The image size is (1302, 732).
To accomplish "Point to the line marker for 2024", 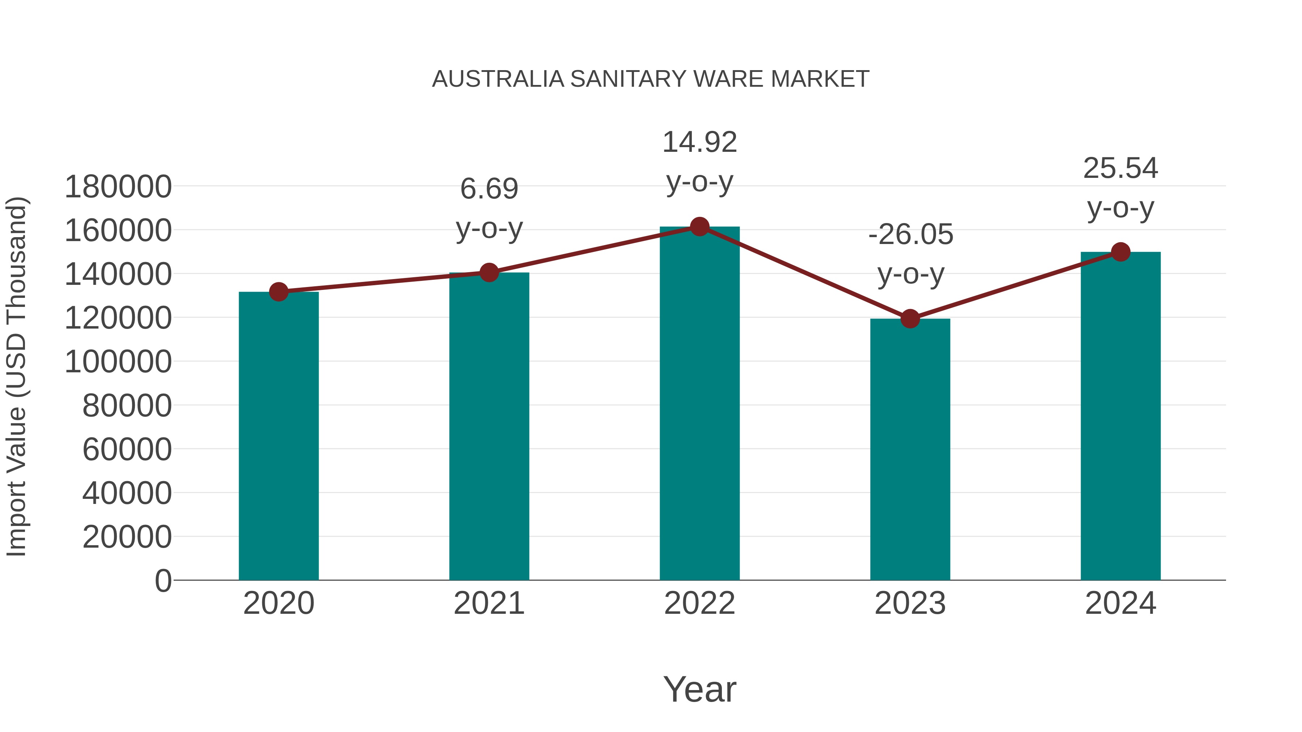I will coord(1120,252).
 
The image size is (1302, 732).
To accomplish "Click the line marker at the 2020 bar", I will coord(278,291).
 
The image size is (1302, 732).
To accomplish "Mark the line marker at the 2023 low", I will coord(910,319).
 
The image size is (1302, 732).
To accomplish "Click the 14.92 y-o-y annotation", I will coord(699,161).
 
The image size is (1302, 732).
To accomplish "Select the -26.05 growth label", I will coord(910,254).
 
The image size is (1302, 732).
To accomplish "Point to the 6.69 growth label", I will coord(489,208).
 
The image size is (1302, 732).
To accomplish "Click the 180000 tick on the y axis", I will coord(118,187).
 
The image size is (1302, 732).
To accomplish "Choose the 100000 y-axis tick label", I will coord(118,362).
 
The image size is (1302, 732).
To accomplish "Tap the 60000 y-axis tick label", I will coord(127,449).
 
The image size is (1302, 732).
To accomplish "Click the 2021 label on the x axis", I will coord(489,603).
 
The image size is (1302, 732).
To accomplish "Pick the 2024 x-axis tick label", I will coord(1120,603).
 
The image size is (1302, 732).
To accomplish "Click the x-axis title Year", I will coord(699,689).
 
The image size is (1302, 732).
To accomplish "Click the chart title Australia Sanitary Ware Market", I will coord(651,79).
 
